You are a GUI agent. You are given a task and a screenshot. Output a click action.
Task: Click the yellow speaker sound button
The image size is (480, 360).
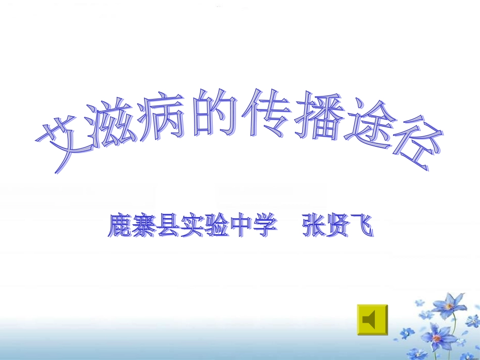(372, 320)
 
